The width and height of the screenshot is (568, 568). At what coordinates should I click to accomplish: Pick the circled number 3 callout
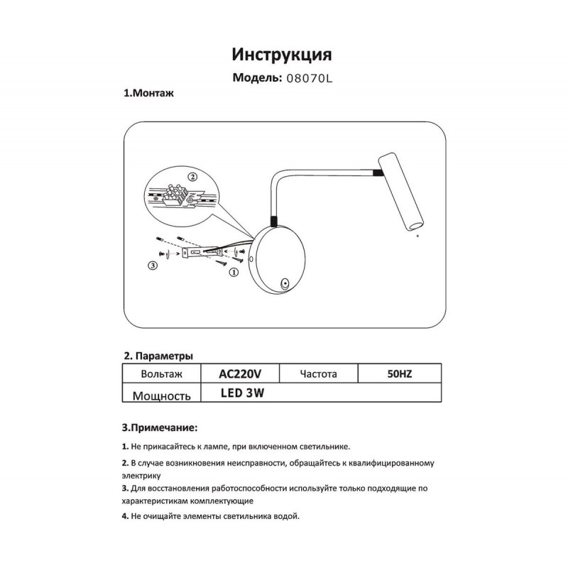click(x=152, y=266)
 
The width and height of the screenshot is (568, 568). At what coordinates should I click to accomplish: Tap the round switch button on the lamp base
click(x=285, y=284)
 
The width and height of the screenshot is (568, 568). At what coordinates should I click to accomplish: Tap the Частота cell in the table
click(x=318, y=373)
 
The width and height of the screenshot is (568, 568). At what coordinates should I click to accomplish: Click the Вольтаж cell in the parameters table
click(x=163, y=373)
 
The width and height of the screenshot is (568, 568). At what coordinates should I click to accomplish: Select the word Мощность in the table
click(x=163, y=395)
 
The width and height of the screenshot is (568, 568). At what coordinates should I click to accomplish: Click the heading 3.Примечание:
click(x=160, y=428)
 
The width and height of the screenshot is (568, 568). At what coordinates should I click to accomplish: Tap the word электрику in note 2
click(x=143, y=474)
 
